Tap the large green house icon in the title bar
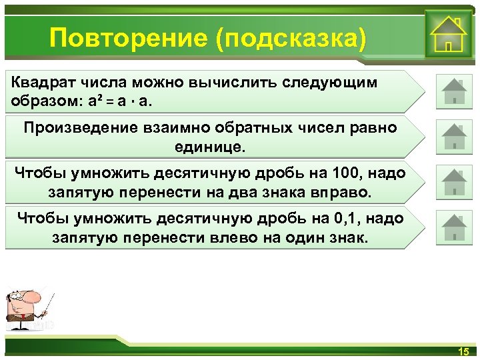447,35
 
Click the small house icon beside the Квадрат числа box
454,91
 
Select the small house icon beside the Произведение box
454,137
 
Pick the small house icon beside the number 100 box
454,182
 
